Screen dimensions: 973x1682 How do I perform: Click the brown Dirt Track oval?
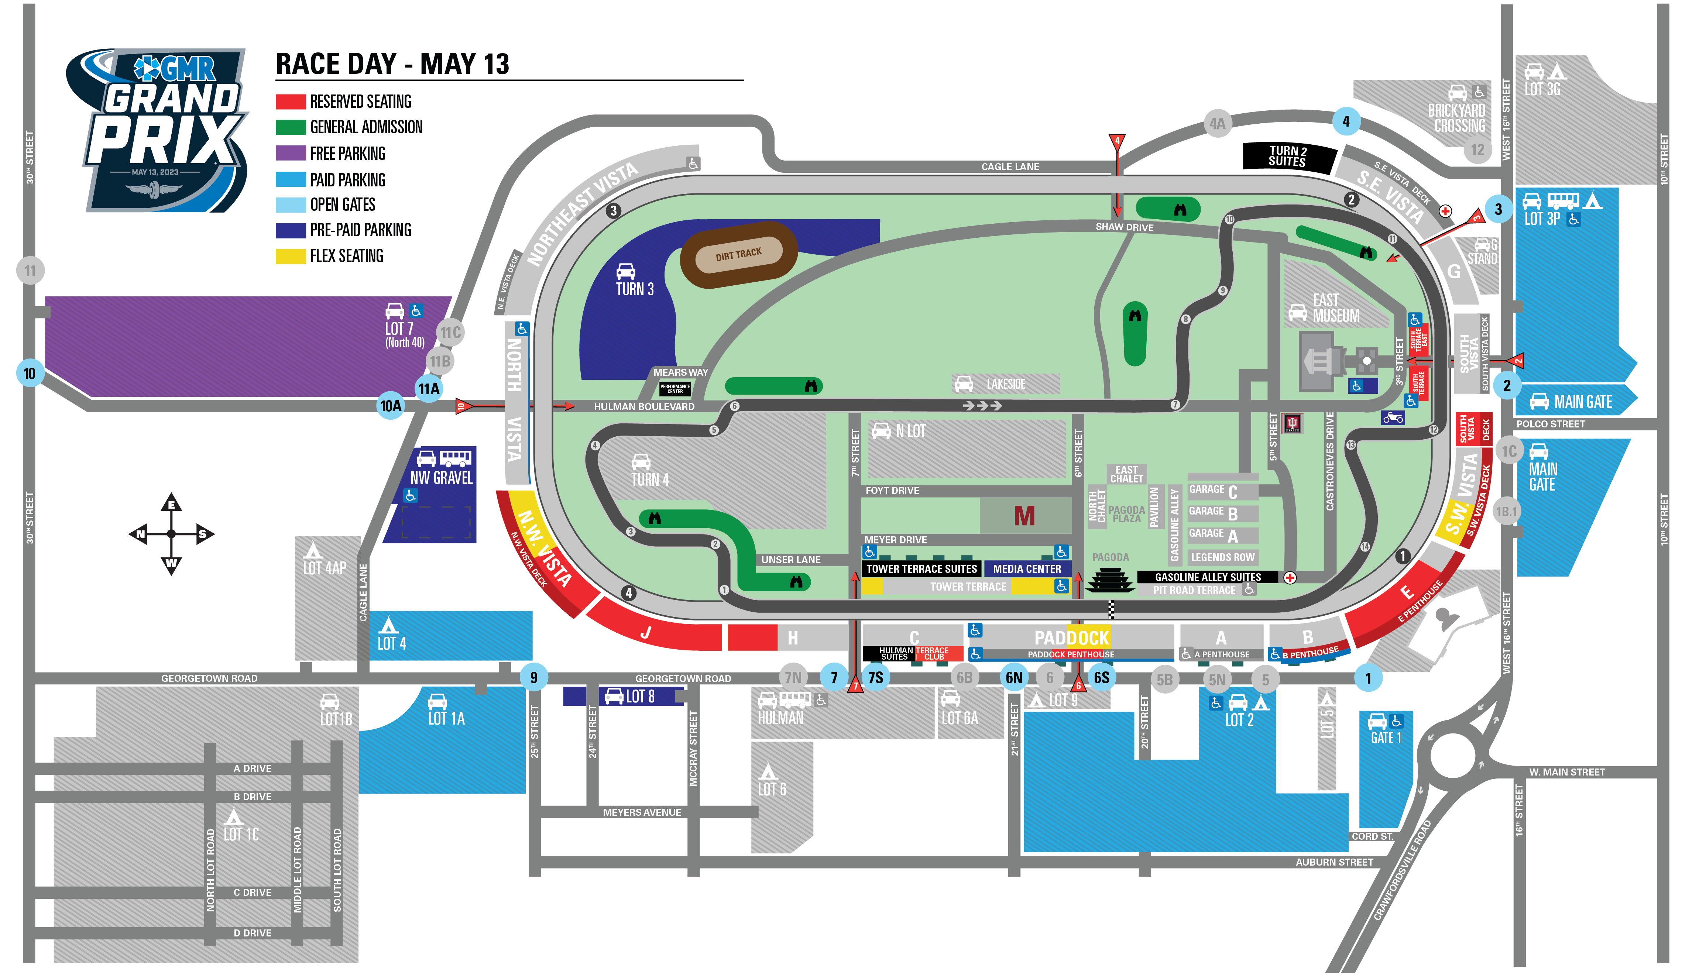[x=738, y=254]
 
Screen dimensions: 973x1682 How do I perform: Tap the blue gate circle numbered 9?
[x=533, y=677]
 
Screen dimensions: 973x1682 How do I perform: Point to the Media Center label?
[x=1027, y=568]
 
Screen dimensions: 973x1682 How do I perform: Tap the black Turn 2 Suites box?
[x=1288, y=156]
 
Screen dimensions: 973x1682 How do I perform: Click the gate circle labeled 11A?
[x=429, y=388]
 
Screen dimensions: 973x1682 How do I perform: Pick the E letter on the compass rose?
[x=172, y=505]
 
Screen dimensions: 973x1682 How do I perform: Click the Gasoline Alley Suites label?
[x=1208, y=577]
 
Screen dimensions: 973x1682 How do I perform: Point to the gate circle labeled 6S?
[x=1101, y=677]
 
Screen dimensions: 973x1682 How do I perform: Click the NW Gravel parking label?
[x=441, y=477]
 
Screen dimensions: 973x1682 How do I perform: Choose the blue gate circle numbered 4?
[x=1346, y=121]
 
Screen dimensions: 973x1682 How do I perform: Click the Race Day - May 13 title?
[x=392, y=64]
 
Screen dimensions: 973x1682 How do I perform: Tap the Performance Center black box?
[x=675, y=388]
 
